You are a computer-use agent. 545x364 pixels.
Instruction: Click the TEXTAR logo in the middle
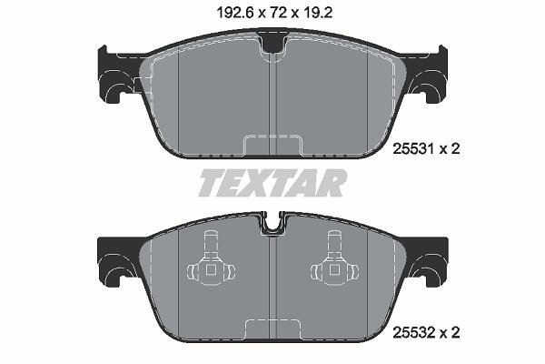coord(272,183)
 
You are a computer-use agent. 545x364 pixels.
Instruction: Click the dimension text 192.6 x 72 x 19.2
coord(274,13)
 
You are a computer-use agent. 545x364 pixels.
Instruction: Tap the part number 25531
coord(413,149)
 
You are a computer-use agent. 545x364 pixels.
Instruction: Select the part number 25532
coord(413,332)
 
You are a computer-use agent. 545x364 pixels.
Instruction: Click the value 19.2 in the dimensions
coord(317,13)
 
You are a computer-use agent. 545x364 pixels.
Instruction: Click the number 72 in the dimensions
coord(279,13)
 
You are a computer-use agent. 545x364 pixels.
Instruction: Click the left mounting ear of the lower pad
coord(116,261)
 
